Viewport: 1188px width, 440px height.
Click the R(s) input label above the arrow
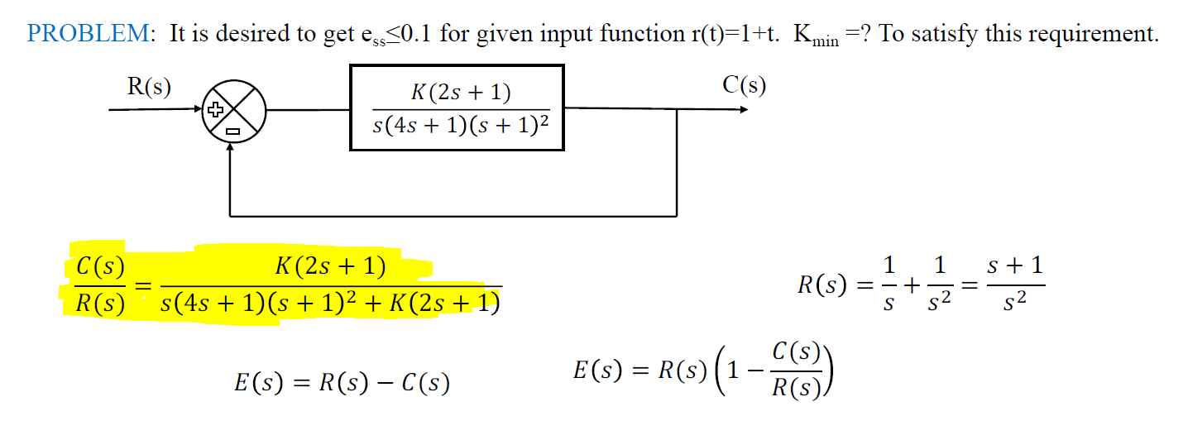point(149,87)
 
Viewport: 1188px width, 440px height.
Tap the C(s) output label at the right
point(744,85)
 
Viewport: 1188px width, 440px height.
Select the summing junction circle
point(232,108)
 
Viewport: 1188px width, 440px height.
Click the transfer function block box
point(457,108)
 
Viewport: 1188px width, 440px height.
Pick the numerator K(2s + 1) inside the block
point(461,93)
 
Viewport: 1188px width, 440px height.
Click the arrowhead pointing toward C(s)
point(742,109)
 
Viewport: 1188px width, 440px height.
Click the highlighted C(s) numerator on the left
point(100,267)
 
